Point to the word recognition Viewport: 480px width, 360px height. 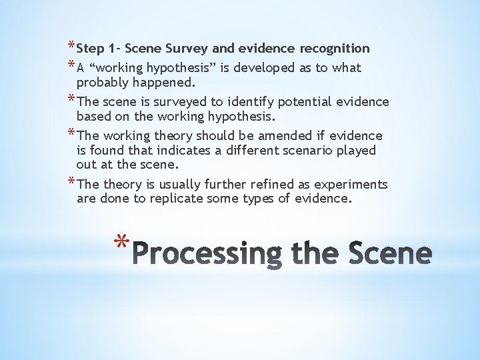[335, 48]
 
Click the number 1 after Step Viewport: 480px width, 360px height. [117, 48]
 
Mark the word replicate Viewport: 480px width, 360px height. [176, 198]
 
